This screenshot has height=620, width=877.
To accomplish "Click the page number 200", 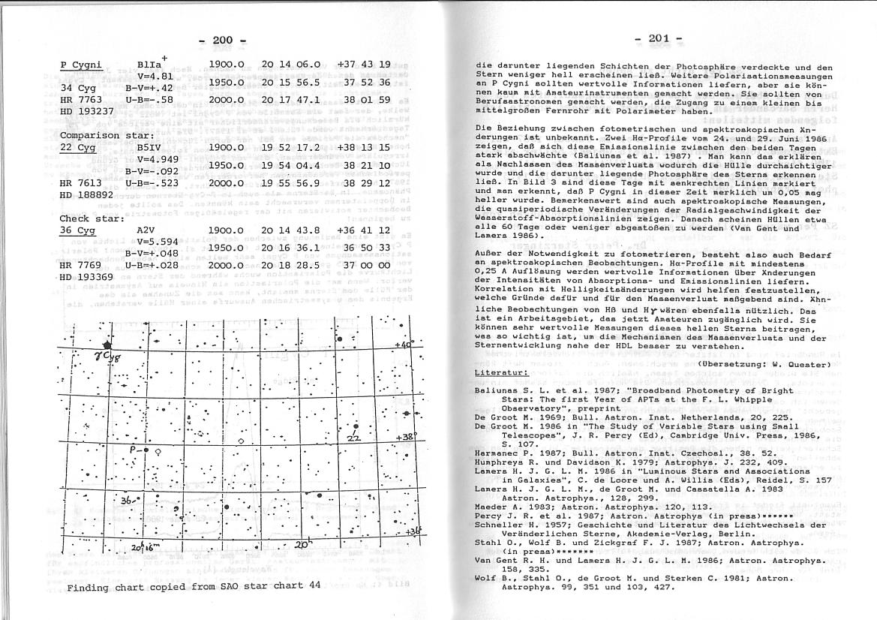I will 224,40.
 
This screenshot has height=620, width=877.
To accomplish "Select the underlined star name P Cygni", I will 81,65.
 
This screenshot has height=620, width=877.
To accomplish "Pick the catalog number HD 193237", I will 87,111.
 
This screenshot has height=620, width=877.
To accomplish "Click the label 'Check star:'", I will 85,218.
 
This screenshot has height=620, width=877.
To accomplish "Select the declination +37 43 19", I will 364,65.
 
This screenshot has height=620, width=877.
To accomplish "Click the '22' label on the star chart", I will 355,437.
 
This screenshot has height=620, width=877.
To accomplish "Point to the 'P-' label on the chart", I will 136,450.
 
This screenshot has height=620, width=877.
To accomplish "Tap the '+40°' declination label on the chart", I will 403,345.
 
